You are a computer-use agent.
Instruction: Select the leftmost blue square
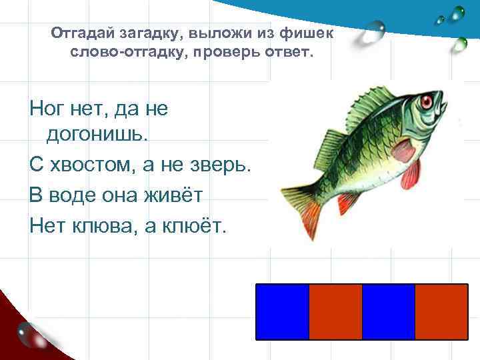click(283, 312)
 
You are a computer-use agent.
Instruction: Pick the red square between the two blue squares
click(335, 312)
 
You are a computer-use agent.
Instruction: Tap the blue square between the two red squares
click(389, 312)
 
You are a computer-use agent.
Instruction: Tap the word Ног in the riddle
click(45, 108)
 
